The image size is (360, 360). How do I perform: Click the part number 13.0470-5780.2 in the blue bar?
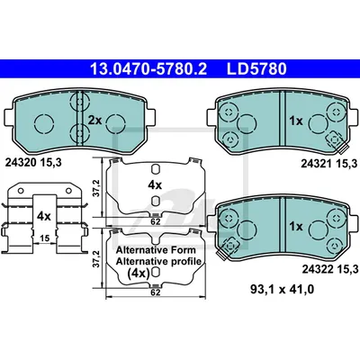click(148, 68)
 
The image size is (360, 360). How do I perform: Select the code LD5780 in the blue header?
click(256, 68)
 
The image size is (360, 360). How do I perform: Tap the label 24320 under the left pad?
click(21, 163)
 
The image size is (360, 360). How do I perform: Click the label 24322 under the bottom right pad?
click(318, 270)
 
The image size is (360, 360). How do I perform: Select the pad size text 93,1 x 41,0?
click(282, 290)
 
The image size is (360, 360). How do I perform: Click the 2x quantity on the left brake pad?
click(94, 121)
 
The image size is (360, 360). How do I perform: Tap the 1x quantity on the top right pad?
click(296, 121)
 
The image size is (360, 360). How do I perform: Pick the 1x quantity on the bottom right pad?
click(296, 227)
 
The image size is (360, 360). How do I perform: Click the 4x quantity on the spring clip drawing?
click(44, 216)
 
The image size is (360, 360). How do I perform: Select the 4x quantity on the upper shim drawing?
click(155, 185)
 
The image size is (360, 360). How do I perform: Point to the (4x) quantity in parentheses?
click(139, 274)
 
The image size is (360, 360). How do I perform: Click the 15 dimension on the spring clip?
click(44, 238)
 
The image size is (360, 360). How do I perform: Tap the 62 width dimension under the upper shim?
click(156, 222)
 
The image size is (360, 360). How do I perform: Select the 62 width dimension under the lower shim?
click(156, 292)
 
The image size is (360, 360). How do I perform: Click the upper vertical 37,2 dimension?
click(95, 188)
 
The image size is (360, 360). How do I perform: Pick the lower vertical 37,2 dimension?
click(95, 258)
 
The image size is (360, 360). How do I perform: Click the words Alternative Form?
click(156, 250)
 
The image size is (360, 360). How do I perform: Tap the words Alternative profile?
click(158, 261)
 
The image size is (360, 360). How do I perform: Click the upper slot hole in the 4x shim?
click(155, 169)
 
